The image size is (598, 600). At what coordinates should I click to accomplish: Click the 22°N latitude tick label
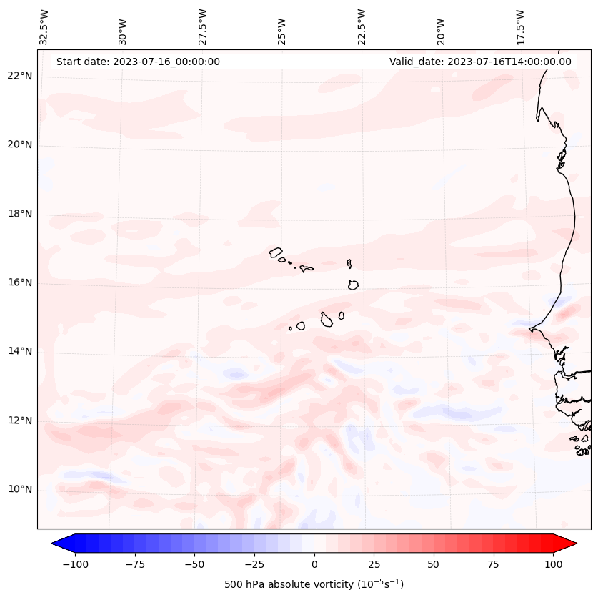click(20, 77)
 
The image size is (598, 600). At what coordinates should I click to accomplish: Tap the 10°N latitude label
click(20, 490)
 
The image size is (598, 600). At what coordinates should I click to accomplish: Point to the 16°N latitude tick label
click(20, 283)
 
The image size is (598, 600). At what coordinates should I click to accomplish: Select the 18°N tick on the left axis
click(20, 215)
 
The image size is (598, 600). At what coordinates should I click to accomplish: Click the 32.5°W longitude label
click(44, 26)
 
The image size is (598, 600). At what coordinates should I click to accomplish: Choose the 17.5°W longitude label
click(520, 26)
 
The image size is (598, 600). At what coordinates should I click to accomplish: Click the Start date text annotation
click(138, 62)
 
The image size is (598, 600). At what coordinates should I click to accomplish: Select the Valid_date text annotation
click(480, 62)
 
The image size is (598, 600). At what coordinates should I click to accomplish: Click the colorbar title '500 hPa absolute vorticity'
click(314, 584)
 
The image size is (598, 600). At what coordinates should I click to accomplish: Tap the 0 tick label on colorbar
click(314, 564)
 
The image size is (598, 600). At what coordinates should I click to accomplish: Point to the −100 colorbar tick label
click(75, 564)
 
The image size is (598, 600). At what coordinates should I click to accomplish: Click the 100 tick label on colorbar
click(553, 564)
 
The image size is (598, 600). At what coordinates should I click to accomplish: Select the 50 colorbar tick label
click(434, 564)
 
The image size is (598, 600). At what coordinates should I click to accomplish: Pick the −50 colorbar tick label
click(194, 564)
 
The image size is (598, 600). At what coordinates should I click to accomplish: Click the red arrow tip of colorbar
click(571, 544)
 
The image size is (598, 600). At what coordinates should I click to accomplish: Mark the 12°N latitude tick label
click(20, 421)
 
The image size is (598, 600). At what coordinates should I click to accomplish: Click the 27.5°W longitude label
click(203, 26)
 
